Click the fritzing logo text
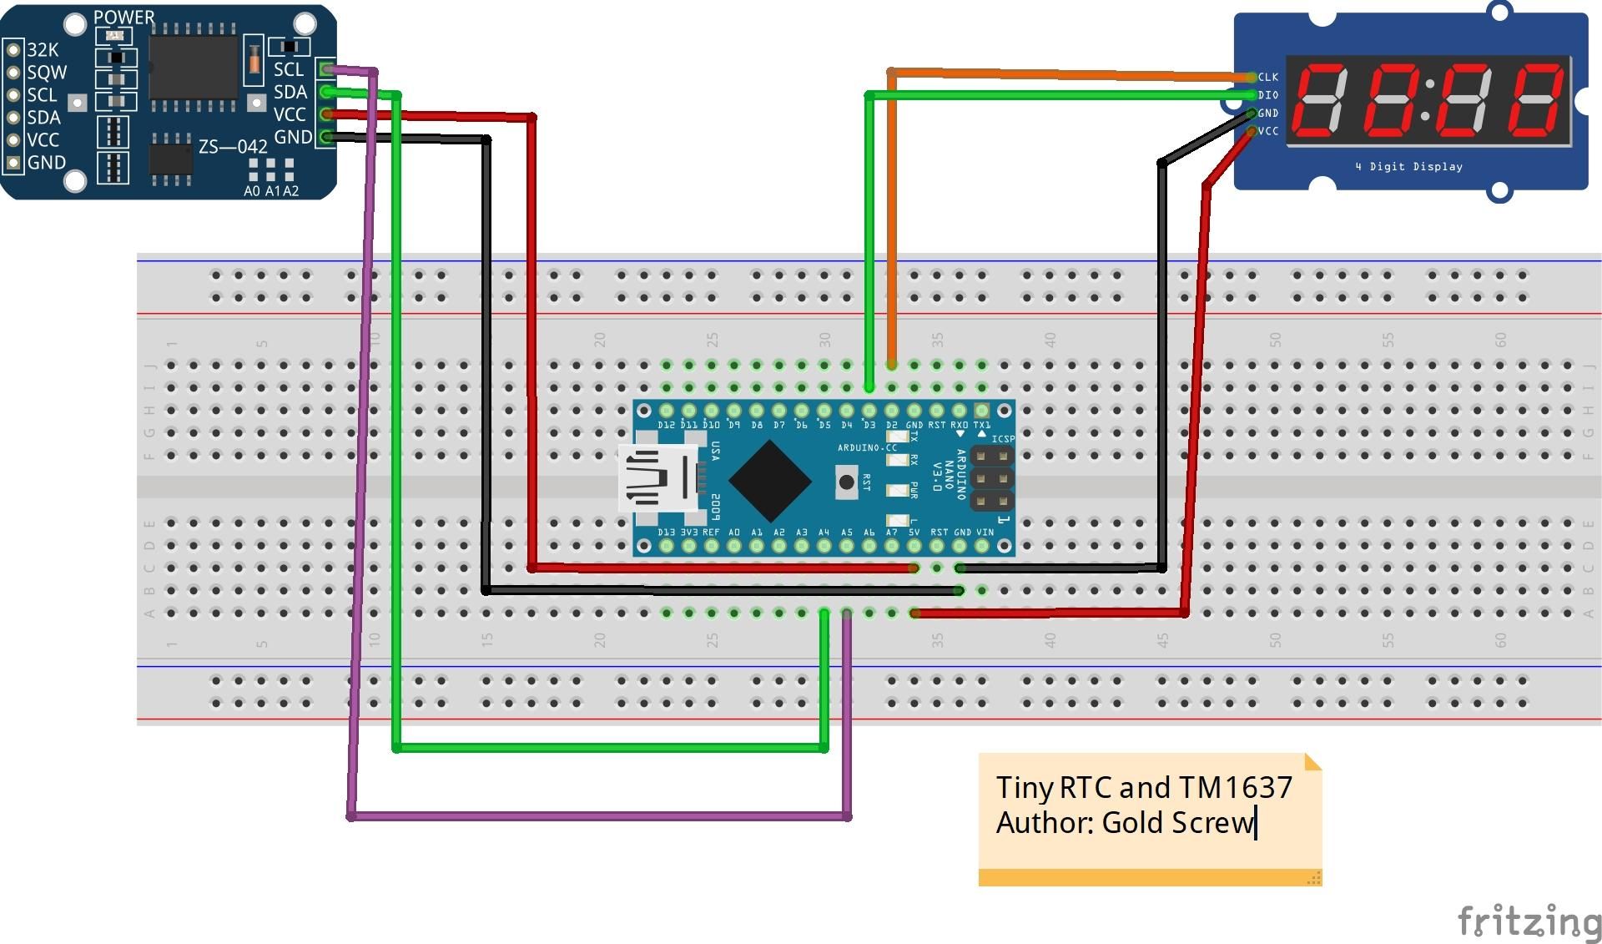1529,921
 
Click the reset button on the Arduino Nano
846,482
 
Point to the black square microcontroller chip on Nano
769,481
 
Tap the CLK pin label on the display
1268,78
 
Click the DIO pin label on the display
1268,95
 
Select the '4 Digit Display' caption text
1408,167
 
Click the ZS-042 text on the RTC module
233,147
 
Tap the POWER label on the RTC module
123,18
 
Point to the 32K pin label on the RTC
43,50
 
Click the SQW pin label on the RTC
47,73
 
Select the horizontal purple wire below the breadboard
598,815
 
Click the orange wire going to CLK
1068,75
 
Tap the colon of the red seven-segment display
1428,99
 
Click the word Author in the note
1043,823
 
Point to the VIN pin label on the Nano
985,532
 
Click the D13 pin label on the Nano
666,532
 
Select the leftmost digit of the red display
1321,101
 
